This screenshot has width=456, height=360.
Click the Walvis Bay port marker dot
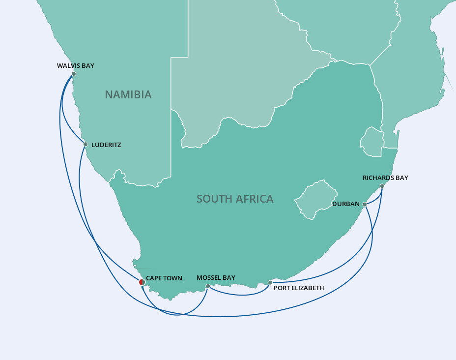(x=74, y=74)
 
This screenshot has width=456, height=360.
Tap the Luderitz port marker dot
(x=85, y=144)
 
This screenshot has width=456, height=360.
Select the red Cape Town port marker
(x=142, y=282)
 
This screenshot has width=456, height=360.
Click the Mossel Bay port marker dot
(x=208, y=286)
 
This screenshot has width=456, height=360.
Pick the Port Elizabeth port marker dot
(x=270, y=283)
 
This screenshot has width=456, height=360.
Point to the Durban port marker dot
(x=365, y=204)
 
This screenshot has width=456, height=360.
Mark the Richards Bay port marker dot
(x=382, y=186)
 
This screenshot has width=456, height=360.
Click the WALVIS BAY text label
(x=75, y=65)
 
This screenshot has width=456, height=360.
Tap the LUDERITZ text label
(x=106, y=145)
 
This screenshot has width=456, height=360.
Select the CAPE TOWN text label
(x=164, y=278)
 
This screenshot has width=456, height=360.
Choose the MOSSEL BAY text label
(x=216, y=278)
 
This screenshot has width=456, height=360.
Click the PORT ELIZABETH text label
(x=299, y=288)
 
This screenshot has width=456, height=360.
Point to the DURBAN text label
(x=346, y=204)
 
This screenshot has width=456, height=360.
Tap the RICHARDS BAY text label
(x=385, y=178)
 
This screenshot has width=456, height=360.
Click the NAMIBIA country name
(x=128, y=95)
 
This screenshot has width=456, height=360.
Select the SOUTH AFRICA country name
(x=235, y=199)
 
